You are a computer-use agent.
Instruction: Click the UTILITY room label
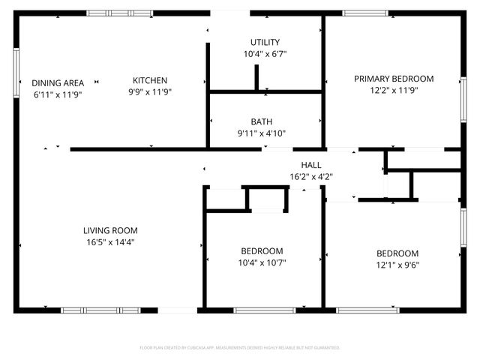pyautogui.click(x=265, y=42)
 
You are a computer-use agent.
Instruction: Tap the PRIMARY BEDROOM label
pyautogui.click(x=394, y=79)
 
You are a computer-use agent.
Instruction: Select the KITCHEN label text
pyautogui.click(x=150, y=81)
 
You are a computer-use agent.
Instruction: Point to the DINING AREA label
pyautogui.click(x=57, y=82)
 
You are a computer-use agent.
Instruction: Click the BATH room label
pyautogui.click(x=262, y=121)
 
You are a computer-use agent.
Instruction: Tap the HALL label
pyautogui.click(x=311, y=165)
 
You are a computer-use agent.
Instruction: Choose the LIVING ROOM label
pyautogui.click(x=110, y=230)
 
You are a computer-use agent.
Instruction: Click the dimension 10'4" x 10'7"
pyautogui.click(x=262, y=262)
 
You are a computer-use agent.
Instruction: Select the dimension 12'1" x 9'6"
pyautogui.click(x=397, y=265)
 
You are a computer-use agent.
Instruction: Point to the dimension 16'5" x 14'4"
pyautogui.click(x=110, y=241)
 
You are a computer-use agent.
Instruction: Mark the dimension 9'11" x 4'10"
pyautogui.click(x=262, y=133)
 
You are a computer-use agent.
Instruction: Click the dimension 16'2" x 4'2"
pyautogui.click(x=311, y=177)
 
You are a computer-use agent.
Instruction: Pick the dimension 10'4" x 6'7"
pyautogui.click(x=265, y=54)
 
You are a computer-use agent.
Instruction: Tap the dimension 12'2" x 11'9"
pyautogui.click(x=394, y=91)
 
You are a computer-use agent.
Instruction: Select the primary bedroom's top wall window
pyautogui.click(x=365, y=13)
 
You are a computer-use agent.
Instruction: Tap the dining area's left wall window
pyautogui.click(x=16, y=71)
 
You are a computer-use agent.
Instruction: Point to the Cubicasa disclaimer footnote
pyautogui.click(x=240, y=347)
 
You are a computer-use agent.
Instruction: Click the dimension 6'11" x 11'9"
pyautogui.click(x=57, y=94)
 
